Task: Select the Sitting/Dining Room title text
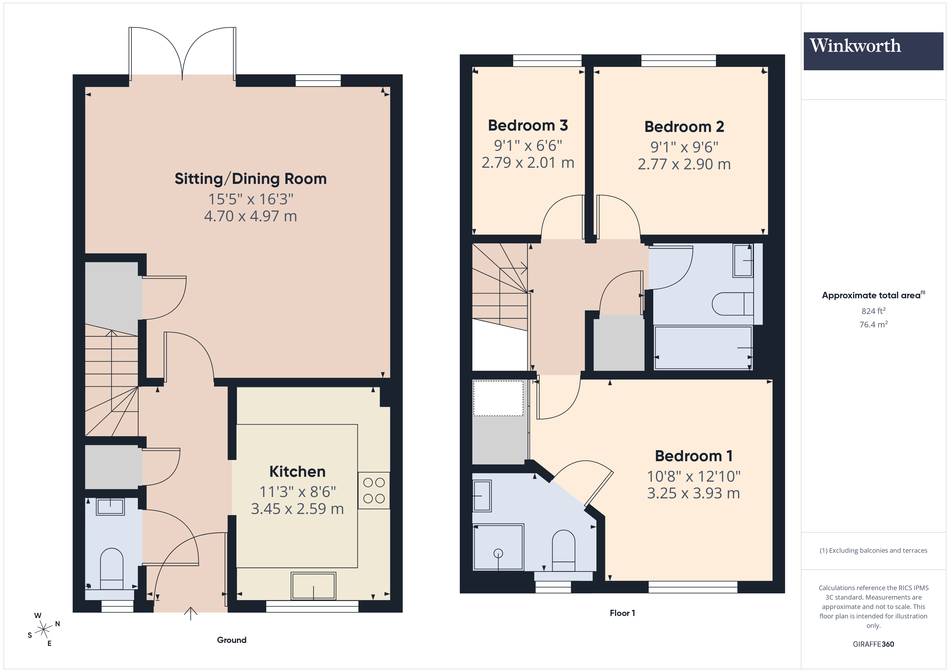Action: (250, 179)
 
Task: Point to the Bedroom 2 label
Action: (684, 127)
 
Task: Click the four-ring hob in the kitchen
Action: (374, 490)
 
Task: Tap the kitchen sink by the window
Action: (313, 586)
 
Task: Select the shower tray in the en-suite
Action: (498, 547)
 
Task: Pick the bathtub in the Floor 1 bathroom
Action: (703, 348)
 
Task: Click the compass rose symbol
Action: (43, 630)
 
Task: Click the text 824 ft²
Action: (873, 311)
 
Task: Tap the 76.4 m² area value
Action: (873, 324)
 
